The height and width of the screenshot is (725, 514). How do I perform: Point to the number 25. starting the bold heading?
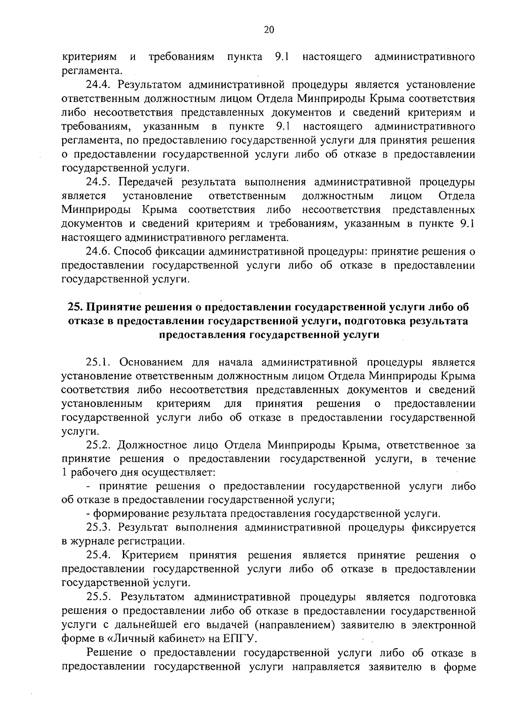[76, 307]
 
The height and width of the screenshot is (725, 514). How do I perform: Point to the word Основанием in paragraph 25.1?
[152, 362]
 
